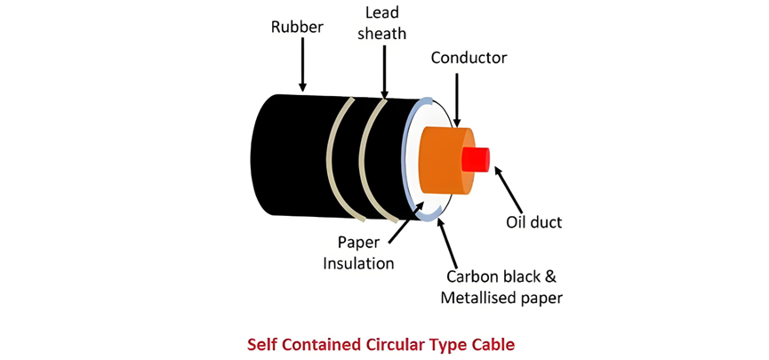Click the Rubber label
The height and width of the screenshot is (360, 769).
[297, 27]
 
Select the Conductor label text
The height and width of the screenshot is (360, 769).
[469, 58]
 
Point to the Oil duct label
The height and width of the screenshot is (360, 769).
[533, 223]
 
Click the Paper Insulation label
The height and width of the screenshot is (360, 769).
[358, 253]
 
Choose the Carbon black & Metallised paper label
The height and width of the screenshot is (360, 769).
[501, 287]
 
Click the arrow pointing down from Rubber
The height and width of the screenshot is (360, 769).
[302, 65]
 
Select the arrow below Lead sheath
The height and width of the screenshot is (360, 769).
[384, 70]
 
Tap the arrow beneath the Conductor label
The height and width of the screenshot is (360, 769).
[457, 100]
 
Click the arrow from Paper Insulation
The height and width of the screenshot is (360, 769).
[406, 221]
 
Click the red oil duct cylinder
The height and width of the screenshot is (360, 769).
[476, 159]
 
